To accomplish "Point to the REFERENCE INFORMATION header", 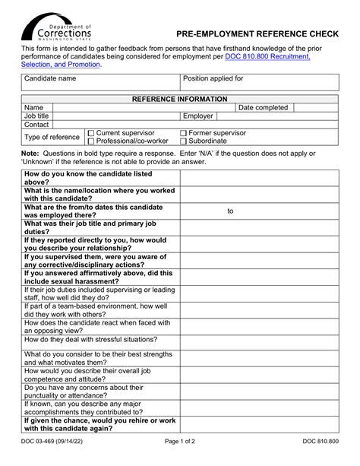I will pos(180,99).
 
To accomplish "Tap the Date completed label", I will pos(263,108).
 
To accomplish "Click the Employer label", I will pos(198,116).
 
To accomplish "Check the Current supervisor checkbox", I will pos(91,133).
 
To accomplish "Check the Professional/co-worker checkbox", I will pos(91,141).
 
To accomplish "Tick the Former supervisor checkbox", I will pos(184,133).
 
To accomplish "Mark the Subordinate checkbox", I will pos(184,141).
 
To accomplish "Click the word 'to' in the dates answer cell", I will pos(230,211).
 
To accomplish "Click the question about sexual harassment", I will pos(99,277).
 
